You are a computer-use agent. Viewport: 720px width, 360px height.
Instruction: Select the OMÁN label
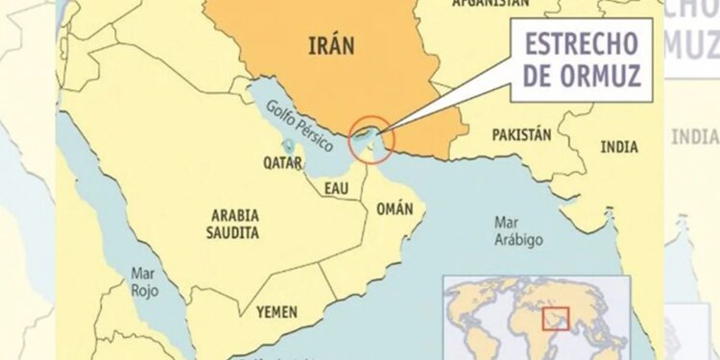(396, 208)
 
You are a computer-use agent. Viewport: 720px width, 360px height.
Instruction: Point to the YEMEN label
(276, 312)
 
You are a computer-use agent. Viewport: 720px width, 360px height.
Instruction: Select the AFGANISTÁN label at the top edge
(491, 5)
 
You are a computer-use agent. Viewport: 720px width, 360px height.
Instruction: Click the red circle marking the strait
(372, 138)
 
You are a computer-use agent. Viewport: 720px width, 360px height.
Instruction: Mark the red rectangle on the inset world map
(554, 317)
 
